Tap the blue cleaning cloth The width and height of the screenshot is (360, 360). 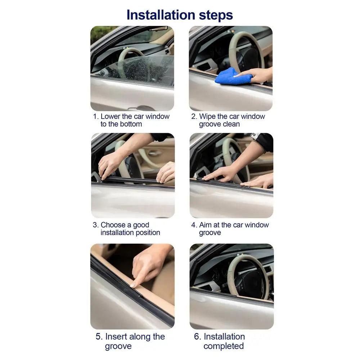(x=232, y=77)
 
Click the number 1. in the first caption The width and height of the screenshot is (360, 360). (x=96, y=117)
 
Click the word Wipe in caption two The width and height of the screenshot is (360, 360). (x=207, y=117)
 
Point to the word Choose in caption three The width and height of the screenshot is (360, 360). (x=113, y=225)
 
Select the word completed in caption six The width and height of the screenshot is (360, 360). (x=223, y=346)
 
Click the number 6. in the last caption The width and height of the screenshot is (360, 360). (x=197, y=337)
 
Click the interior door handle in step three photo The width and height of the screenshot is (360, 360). (x=155, y=153)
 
